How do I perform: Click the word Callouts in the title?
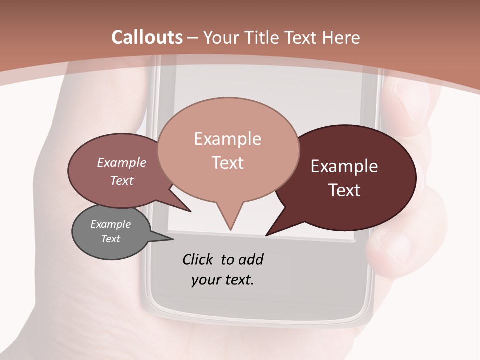[x=147, y=37]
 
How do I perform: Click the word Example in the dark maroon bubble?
[x=344, y=166]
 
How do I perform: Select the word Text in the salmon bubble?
[x=228, y=163]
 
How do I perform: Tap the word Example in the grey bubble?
[x=111, y=224]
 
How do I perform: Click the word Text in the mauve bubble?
[x=122, y=180]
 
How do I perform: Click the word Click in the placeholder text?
[x=198, y=259]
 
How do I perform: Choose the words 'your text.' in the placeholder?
[x=223, y=280]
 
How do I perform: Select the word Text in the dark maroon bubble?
[x=345, y=190]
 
